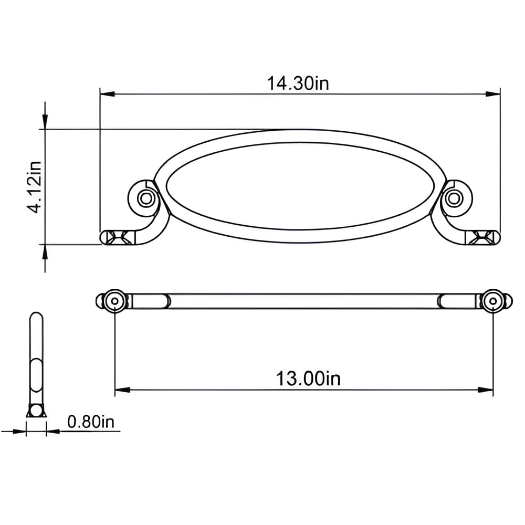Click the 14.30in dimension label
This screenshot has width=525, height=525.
point(298,83)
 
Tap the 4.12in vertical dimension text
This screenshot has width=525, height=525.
point(35,187)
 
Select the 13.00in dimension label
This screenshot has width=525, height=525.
point(308,379)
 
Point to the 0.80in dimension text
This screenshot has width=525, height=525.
point(91,422)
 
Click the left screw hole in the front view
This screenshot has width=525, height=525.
point(145,198)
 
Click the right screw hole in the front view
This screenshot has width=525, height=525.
point(454,198)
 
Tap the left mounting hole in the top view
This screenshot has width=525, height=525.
point(114,301)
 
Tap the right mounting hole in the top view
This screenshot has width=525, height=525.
point(493,301)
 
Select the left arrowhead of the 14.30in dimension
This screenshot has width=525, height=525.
point(108,94)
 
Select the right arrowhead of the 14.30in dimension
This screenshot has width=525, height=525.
point(493,94)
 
